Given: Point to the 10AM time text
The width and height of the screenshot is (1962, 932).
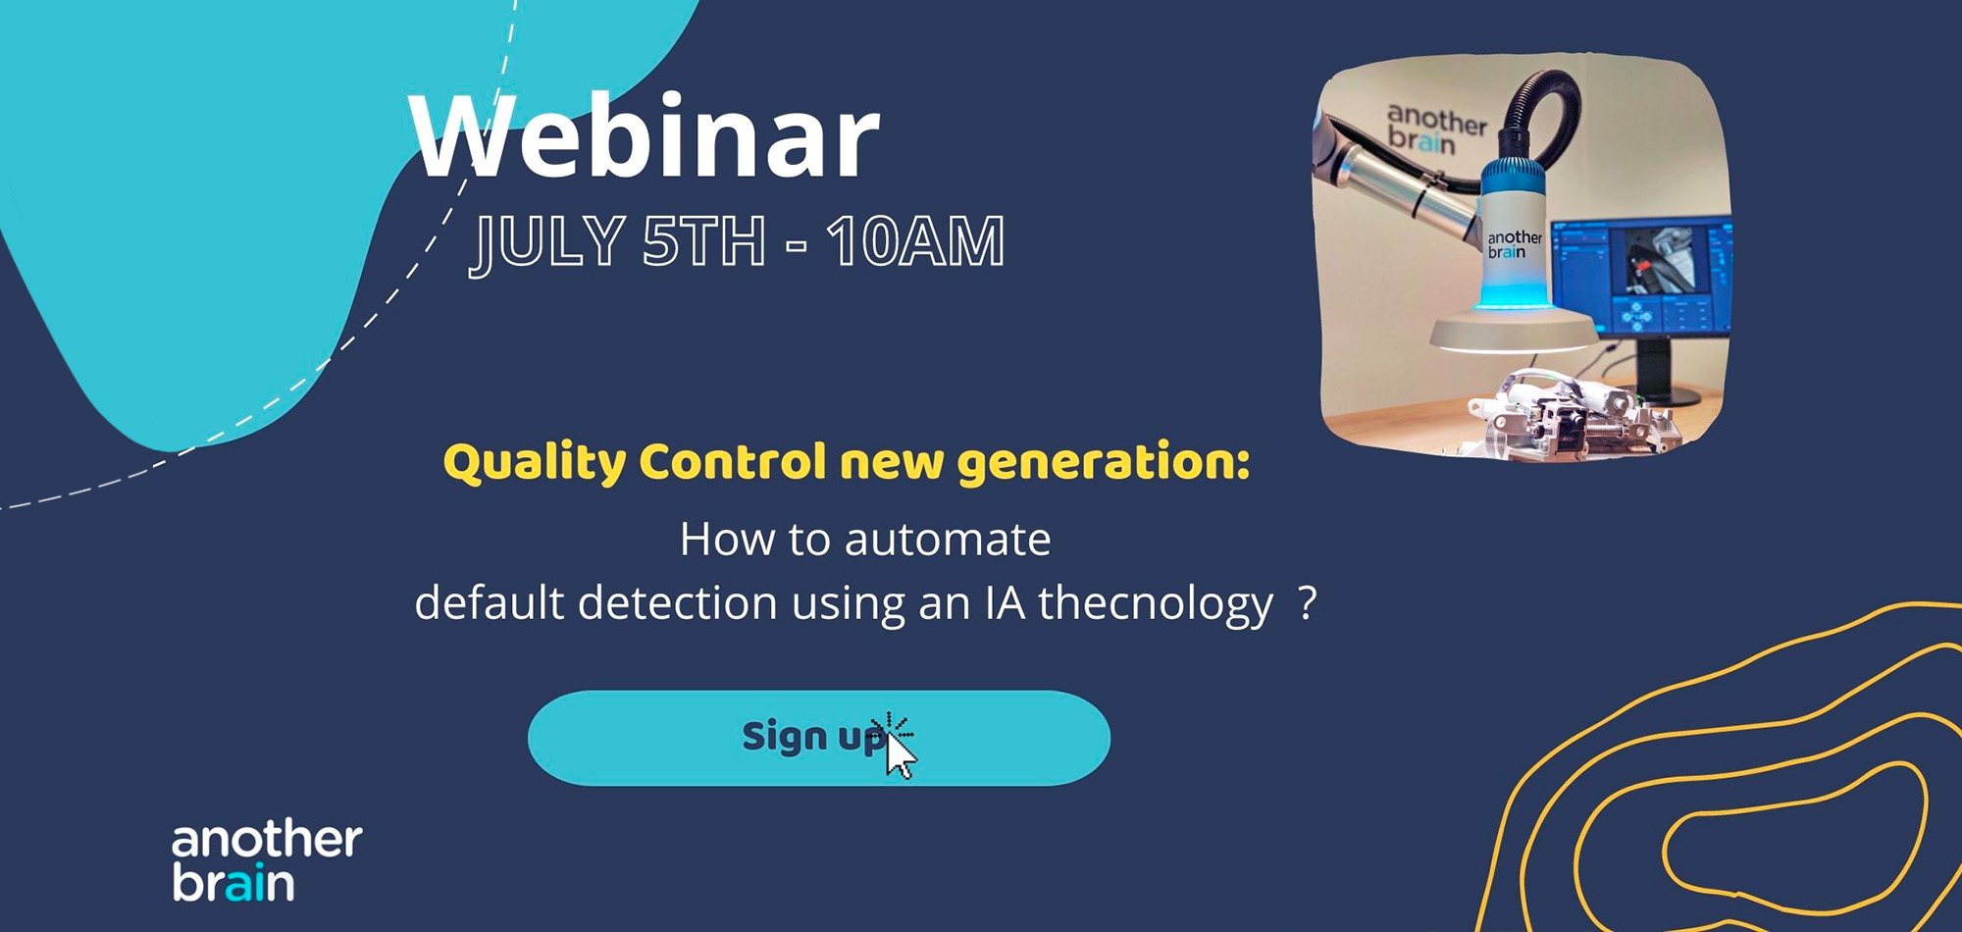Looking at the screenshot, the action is click(x=915, y=240).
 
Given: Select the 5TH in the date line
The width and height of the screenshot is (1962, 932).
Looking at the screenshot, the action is click(x=703, y=240).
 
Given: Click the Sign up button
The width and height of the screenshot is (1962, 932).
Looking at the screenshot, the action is click(x=819, y=738).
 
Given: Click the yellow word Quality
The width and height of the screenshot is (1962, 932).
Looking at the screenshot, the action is click(x=535, y=462).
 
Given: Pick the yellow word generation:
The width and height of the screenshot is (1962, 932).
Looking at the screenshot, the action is click(x=1104, y=462).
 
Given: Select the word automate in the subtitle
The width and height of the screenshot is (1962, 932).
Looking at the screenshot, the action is click(x=948, y=540).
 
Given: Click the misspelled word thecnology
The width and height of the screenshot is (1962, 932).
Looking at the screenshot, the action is click(x=1156, y=603).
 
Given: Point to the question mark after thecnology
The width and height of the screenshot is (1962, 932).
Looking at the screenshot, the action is click(x=1307, y=602).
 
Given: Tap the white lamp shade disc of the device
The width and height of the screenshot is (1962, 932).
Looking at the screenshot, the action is click(x=1512, y=332).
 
